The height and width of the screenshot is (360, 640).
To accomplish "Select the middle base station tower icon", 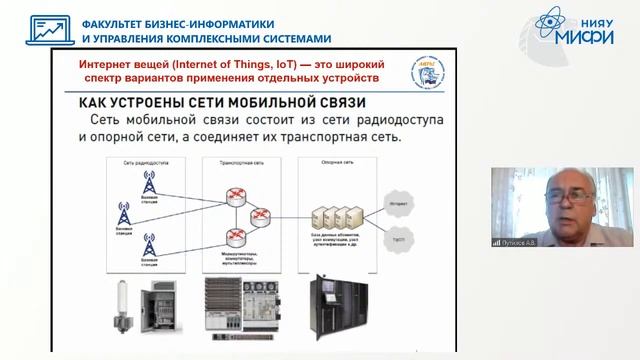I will [124, 213].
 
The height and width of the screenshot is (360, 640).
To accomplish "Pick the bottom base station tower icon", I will [149, 242].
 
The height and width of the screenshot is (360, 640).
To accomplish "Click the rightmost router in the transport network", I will [262, 213].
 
